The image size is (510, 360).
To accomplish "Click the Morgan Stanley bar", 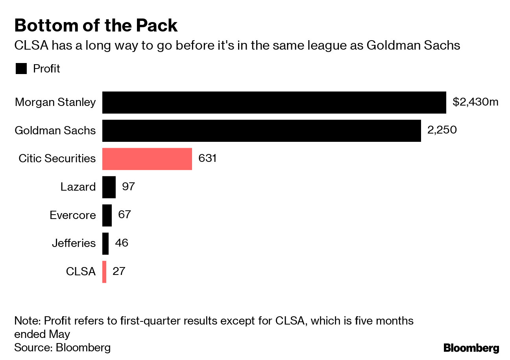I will pyautogui.click(x=274, y=102).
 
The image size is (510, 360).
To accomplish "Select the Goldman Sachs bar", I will pyautogui.click(x=261, y=131).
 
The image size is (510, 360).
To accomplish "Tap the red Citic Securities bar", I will pyautogui.click(x=147, y=159).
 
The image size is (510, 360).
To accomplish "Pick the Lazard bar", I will pyautogui.click(x=109, y=187).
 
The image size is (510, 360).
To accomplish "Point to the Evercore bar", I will pyautogui.click(x=107, y=215).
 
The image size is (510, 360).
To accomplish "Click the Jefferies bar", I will pyautogui.click(x=105, y=243).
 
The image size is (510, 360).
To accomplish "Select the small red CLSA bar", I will pyautogui.click(x=104, y=272).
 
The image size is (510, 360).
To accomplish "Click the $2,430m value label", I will pyautogui.click(x=475, y=102).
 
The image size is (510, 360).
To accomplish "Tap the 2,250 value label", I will pyautogui.click(x=442, y=130).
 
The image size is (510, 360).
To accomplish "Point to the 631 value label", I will pyautogui.click(x=207, y=158).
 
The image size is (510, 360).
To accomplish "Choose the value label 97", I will pyautogui.click(x=128, y=186).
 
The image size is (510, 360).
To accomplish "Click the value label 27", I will pyautogui.click(x=118, y=271).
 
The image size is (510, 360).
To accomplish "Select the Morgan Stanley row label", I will pyautogui.click(x=55, y=102).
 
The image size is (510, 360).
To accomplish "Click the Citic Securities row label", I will pyautogui.click(x=57, y=158).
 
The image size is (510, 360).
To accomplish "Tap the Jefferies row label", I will pyautogui.click(x=74, y=243).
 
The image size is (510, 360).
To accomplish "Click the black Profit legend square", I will pyautogui.click(x=21, y=69).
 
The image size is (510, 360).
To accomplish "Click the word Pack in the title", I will pyautogui.click(x=157, y=26).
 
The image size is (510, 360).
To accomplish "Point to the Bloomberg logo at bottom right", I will pyautogui.click(x=471, y=348).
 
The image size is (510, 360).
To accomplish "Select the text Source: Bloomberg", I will pyautogui.click(x=62, y=347).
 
